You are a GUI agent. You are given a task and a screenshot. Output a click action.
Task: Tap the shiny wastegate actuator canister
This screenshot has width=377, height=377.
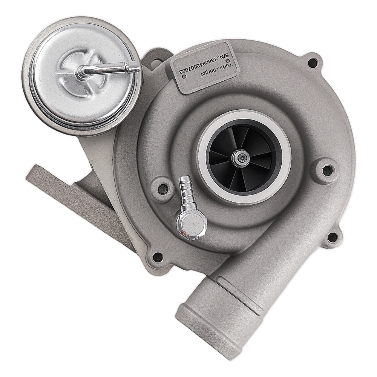pyautogui.click(x=83, y=75)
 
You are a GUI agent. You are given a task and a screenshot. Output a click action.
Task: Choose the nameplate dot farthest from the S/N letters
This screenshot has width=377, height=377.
pyautogui.click(x=184, y=76)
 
